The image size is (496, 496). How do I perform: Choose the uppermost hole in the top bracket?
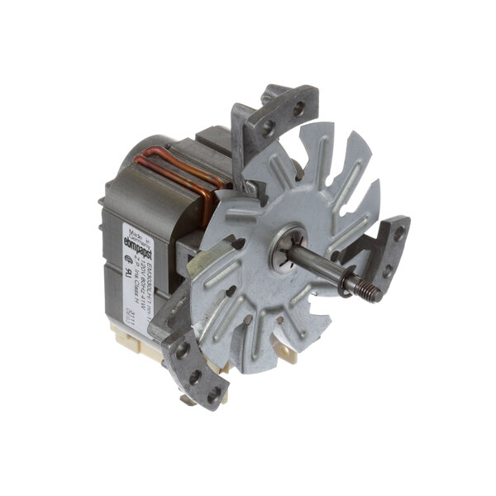tap(298, 107)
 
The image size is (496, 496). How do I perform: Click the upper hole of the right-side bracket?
tap(398, 234)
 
